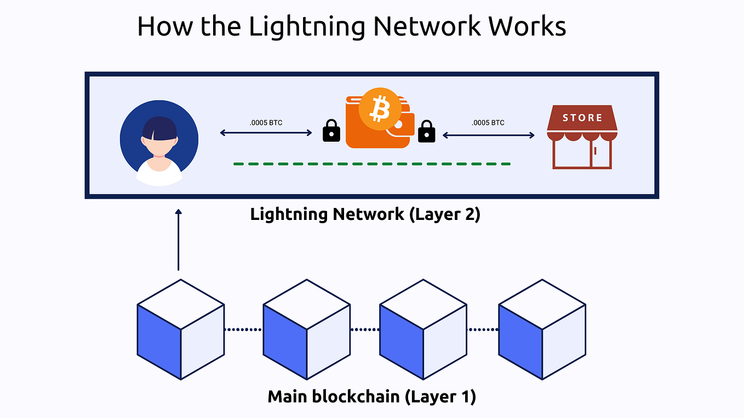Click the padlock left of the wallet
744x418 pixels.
click(331, 131)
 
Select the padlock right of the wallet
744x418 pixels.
click(426, 131)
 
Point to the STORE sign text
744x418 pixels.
click(582, 118)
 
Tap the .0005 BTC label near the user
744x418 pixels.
click(266, 123)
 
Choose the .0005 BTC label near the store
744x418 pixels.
click(488, 123)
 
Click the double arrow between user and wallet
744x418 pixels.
click(266, 133)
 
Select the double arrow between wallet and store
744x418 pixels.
click(488, 135)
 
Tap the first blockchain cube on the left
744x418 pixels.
click(181, 329)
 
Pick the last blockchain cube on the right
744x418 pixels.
click(542, 329)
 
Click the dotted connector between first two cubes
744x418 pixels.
click(243, 329)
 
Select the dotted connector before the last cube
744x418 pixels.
click(482, 329)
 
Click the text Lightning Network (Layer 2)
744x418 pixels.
click(365, 214)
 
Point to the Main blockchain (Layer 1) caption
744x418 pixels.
click(371, 396)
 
